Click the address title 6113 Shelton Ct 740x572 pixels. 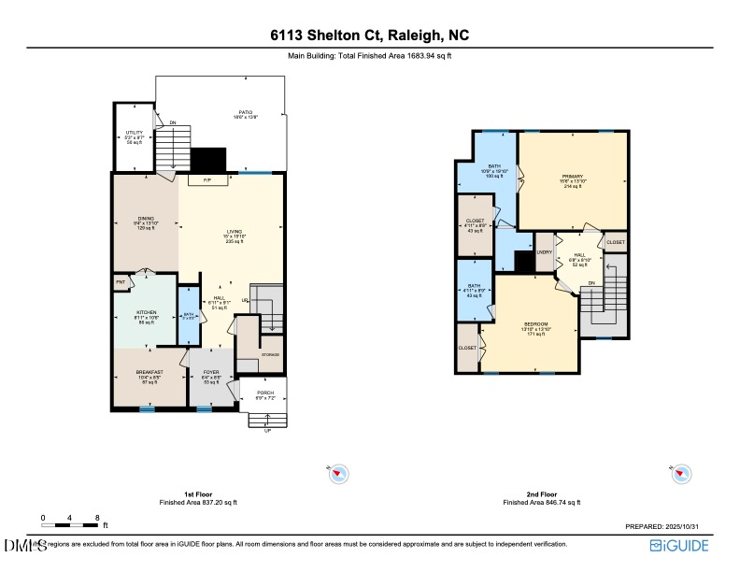(x=370, y=36)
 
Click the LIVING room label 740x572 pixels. (x=234, y=232)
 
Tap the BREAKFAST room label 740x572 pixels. (x=149, y=372)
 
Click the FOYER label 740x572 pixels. (x=211, y=372)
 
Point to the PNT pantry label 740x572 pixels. (x=121, y=280)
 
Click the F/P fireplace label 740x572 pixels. (x=207, y=179)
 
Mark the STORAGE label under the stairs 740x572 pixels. (x=270, y=354)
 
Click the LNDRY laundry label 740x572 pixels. (x=546, y=252)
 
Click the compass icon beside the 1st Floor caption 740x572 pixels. (x=339, y=475)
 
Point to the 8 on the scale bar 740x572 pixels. (x=97, y=517)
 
